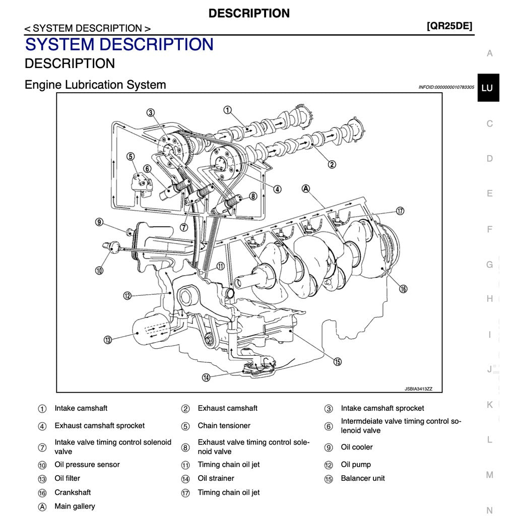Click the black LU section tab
tap(488, 88)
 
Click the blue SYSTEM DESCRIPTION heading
tap(119, 44)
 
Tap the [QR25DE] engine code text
tap(449, 26)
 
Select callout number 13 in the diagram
tap(108, 340)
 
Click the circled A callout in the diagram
tap(305, 188)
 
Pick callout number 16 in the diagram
tap(403, 289)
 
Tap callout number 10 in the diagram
tap(99, 270)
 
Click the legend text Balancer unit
tap(362, 478)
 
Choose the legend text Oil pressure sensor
tap(87, 465)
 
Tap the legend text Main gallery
tap(75, 506)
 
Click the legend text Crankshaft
tap(73, 492)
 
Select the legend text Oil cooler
tap(357, 447)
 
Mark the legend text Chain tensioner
tap(224, 426)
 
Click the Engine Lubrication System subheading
tap(95, 85)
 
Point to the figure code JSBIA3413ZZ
tap(418, 389)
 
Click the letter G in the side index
tap(489, 265)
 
